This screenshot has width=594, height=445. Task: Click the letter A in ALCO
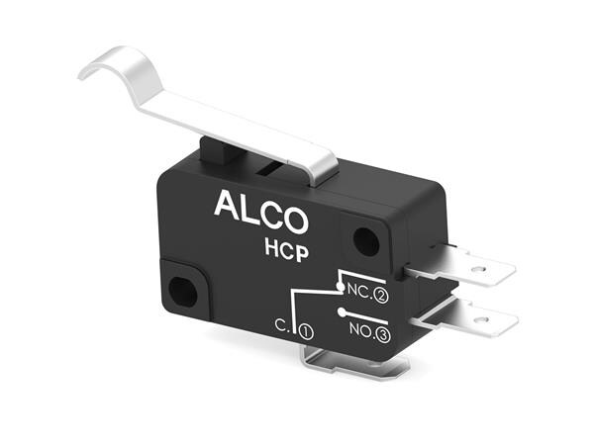226,204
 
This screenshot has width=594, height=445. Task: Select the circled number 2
381,294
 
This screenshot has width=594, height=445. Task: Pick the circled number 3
384,335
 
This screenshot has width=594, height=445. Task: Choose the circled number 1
305,333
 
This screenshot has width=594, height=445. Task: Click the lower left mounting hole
181,291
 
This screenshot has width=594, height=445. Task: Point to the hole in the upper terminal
481,265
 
